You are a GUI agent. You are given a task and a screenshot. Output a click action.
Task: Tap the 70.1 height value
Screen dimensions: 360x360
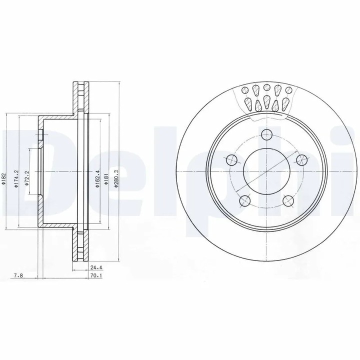(93, 274)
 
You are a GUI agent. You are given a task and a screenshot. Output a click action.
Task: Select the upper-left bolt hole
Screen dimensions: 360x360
(231, 160)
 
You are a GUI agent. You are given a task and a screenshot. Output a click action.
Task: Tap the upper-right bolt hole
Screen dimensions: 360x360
(301, 160)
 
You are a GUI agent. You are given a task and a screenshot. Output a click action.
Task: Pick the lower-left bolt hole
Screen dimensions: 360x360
(245, 201)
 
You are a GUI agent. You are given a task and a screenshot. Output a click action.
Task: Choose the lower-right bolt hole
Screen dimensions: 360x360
(288, 201)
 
